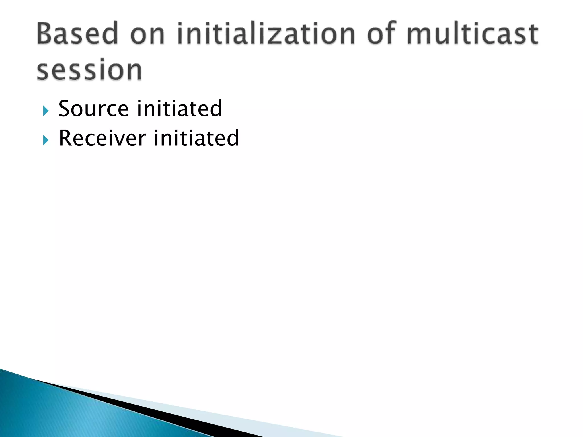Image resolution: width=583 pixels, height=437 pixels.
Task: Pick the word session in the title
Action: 89,70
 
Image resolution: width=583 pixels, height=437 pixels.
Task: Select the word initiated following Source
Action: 179,109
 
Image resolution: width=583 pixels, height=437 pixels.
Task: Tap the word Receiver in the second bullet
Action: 102,138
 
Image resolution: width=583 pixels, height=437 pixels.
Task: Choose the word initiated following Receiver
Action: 196,138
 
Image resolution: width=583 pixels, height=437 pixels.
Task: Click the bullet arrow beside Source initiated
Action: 46,111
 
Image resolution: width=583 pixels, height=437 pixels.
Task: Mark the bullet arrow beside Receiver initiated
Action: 46,140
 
